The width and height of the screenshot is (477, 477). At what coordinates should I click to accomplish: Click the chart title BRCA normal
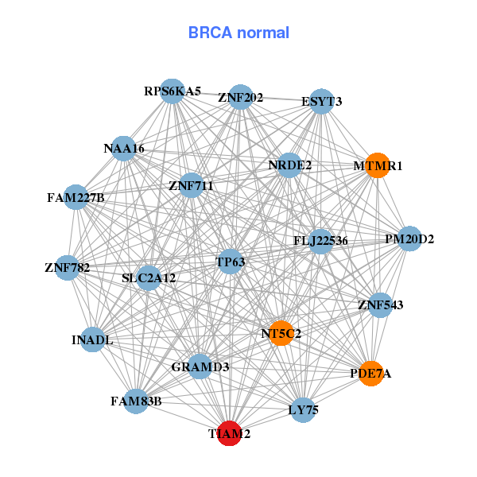click(x=238, y=33)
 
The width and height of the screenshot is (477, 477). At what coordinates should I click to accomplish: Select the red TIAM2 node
click(x=230, y=433)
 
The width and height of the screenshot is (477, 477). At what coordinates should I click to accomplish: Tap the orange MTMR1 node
click(x=377, y=166)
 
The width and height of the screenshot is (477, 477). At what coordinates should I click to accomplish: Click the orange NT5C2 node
click(x=281, y=334)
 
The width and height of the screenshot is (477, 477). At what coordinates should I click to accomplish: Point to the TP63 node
click(x=231, y=262)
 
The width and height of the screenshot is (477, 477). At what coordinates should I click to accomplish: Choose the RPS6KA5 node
click(x=173, y=91)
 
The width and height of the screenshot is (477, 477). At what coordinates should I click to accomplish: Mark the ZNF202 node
click(x=240, y=98)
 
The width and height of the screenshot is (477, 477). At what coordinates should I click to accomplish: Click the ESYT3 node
click(x=321, y=102)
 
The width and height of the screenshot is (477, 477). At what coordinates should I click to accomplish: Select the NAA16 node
click(x=123, y=149)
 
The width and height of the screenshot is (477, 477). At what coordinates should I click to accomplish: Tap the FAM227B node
click(x=76, y=197)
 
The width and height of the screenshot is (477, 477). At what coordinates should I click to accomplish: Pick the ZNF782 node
click(x=68, y=267)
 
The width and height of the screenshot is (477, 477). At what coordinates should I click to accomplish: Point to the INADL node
click(x=93, y=340)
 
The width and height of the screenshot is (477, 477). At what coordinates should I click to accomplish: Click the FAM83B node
click(x=136, y=401)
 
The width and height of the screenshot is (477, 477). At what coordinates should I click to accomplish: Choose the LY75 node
click(x=302, y=410)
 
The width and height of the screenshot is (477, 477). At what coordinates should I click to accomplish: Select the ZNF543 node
click(x=381, y=304)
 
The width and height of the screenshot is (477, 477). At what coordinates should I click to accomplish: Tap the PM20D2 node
click(x=409, y=238)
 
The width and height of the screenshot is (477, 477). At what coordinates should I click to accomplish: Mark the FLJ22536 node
click(x=320, y=241)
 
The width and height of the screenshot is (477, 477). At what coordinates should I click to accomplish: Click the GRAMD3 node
click(x=200, y=366)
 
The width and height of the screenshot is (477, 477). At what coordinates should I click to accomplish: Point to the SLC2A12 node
click(x=149, y=278)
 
